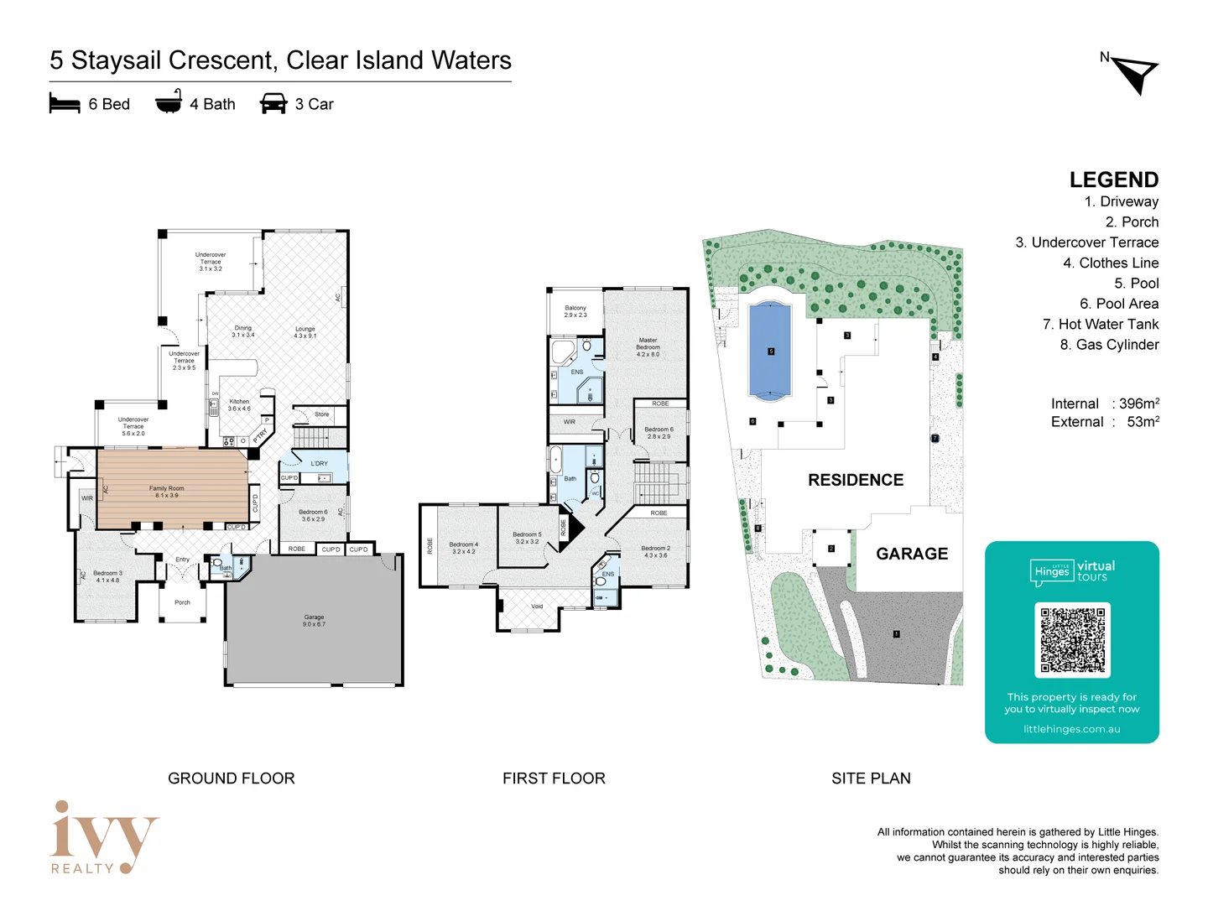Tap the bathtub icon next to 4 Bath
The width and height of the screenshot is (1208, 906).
click(x=169, y=102)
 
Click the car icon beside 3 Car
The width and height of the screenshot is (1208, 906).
click(x=273, y=104)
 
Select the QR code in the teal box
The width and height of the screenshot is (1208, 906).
click(x=1072, y=640)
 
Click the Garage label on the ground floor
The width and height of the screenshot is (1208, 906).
click(x=314, y=620)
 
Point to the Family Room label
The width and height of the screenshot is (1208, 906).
click(x=166, y=492)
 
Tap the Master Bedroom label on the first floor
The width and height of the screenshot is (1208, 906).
click(x=648, y=346)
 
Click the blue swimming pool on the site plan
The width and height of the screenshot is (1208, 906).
click(x=770, y=350)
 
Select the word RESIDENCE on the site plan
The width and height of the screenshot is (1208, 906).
click(x=856, y=480)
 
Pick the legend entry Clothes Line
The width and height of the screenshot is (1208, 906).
click(x=1110, y=263)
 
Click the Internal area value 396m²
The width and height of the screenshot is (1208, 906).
click(x=1138, y=404)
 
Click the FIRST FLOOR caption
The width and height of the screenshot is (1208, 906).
click(x=554, y=778)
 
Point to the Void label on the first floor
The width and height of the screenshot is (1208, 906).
click(x=537, y=606)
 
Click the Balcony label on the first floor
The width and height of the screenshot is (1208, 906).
click(x=575, y=311)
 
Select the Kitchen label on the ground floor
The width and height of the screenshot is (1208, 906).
click(x=239, y=404)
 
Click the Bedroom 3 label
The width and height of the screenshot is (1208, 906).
click(x=107, y=576)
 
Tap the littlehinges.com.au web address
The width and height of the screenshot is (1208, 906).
click(x=1071, y=729)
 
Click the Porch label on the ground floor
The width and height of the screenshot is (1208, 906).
click(x=182, y=602)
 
